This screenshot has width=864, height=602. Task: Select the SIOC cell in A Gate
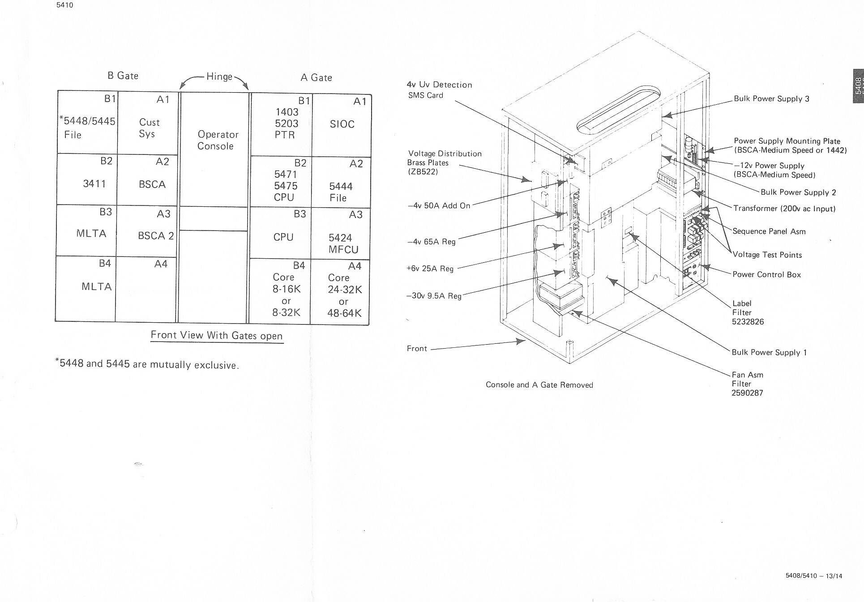point(342,124)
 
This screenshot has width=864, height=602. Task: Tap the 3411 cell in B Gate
point(94,184)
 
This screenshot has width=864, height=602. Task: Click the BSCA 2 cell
point(155,235)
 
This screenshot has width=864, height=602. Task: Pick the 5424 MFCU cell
point(342,243)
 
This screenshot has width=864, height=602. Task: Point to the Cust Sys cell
point(149,128)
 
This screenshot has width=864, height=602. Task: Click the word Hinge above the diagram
point(219,77)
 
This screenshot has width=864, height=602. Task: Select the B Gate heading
point(123,76)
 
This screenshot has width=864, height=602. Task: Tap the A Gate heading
point(316,77)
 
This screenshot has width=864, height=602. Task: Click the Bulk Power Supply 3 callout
point(771,99)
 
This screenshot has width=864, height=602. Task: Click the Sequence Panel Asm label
point(769,231)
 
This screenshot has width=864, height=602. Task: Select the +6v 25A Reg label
point(430,269)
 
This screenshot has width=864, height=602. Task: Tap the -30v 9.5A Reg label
point(433,296)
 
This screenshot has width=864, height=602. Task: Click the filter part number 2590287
point(747,393)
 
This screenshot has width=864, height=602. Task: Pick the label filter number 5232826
point(748,321)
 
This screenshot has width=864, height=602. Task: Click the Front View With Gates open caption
point(217,335)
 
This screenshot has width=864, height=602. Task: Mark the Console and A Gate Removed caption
point(539,385)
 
